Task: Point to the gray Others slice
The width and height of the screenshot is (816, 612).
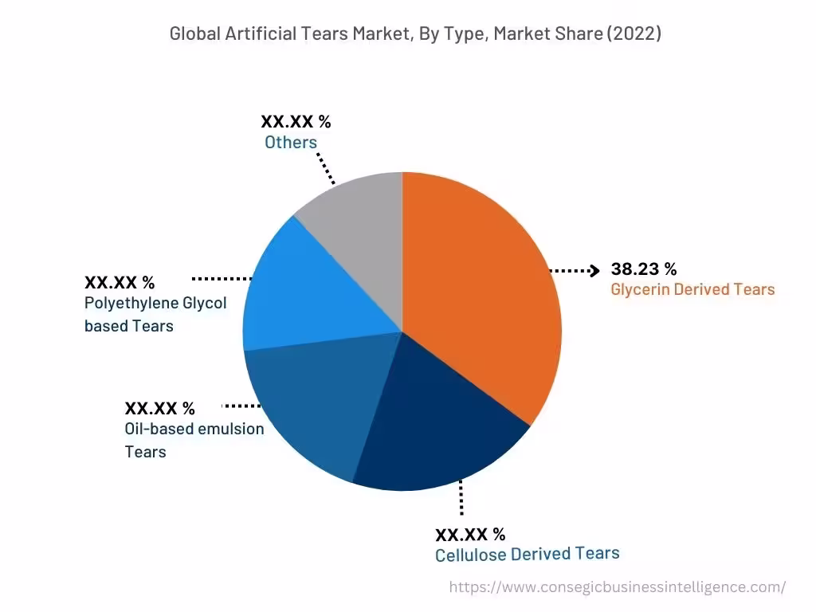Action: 359,231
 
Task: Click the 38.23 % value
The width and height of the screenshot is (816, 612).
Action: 644,269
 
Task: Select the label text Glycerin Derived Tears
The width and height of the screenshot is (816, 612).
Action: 692,289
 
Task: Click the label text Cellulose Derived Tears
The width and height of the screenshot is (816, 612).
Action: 527,554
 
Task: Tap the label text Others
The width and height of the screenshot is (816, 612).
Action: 291,143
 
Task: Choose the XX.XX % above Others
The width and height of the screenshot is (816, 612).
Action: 296,122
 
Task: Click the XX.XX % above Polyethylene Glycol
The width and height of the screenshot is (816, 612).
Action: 120,282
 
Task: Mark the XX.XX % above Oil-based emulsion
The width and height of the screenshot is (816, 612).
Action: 159,408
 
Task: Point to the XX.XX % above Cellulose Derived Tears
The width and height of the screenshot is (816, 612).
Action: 470,534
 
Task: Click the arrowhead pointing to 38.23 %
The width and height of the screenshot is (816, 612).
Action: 594,271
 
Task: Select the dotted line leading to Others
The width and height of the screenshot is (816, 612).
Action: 325,167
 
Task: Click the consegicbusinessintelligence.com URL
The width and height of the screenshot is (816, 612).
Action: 618,587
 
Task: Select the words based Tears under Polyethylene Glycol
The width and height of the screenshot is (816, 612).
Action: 129,325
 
